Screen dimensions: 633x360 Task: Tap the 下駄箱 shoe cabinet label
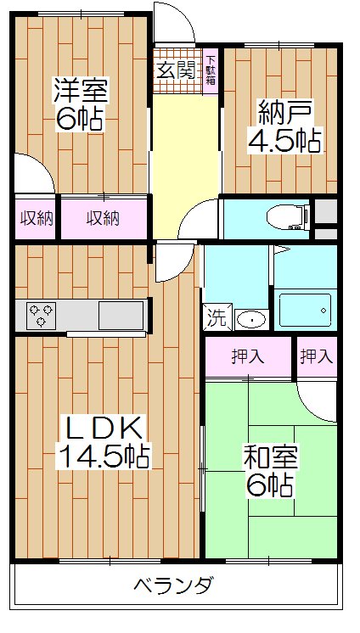[211, 69]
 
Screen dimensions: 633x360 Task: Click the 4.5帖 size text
[284, 140]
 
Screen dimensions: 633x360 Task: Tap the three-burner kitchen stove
[40, 315]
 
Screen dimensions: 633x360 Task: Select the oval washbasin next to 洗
[249, 319]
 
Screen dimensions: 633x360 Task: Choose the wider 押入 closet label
[248, 357]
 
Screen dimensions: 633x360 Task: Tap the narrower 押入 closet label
[316, 357]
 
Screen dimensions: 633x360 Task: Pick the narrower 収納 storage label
[37, 219]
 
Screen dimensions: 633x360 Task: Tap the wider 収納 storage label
[102, 219]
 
